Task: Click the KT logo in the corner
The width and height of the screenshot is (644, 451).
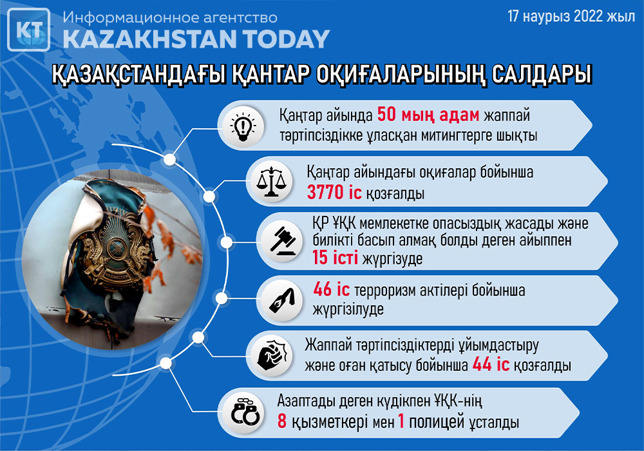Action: (x=29, y=30)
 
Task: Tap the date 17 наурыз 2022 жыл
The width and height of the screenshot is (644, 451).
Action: (x=571, y=17)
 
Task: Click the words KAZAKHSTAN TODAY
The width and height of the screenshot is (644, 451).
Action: (x=196, y=39)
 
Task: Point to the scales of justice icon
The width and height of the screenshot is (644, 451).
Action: (x=270, y=181)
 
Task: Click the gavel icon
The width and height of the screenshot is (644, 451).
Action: (x=283, y=241)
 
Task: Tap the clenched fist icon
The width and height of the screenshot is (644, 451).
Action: (x=271, y=354)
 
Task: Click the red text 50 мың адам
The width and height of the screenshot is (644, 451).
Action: (x=428, y=115)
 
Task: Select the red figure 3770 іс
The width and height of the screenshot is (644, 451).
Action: (x=334, y=192)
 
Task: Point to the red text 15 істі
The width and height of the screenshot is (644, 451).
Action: (x=335, y=258)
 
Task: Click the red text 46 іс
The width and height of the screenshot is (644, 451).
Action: (x=332, y=289)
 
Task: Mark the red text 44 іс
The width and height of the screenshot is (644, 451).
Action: (x=491, y=364)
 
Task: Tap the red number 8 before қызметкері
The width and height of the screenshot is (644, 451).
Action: (x=282, y=421)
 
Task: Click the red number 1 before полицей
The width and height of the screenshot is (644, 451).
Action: (x=401, y=421)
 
